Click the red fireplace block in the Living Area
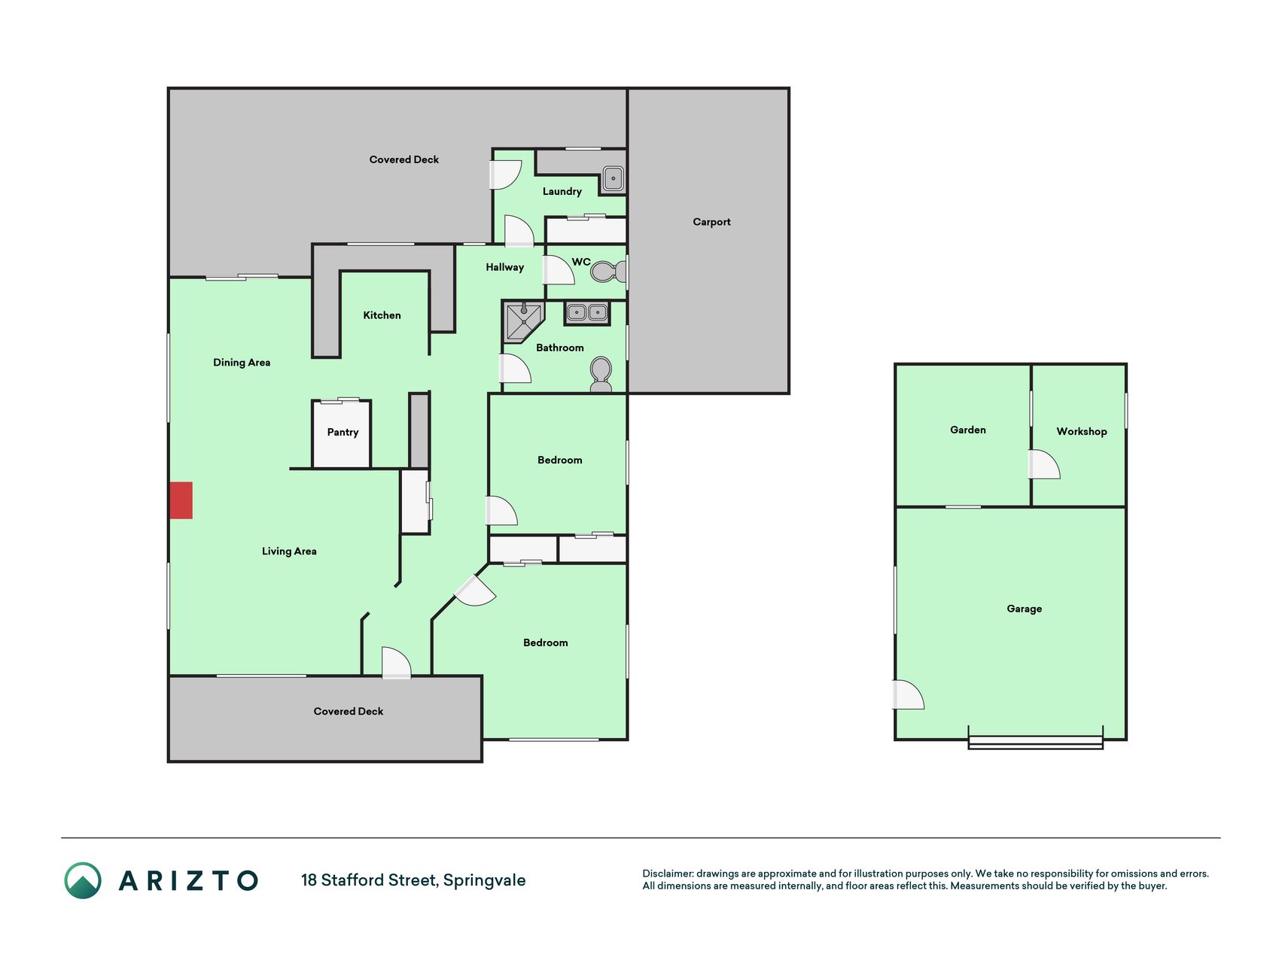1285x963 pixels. pos(181,500)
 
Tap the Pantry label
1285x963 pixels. pos(343,432)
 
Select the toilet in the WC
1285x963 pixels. pos(608,271)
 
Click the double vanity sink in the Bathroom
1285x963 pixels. pos(587,312)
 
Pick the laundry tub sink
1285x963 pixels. pos(613,179)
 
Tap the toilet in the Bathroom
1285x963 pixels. pos(601,375)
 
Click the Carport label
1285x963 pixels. pos(711,222)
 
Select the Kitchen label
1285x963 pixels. pos(382,315)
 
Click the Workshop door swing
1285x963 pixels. pos(1044,464)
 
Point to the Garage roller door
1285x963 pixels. pos(1035,741)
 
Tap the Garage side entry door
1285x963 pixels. pos(908,694)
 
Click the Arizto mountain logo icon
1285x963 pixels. pos(83,880)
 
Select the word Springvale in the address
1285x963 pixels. pos(484,880)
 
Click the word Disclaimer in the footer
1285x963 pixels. pos(668,873)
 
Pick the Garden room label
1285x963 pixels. pos(967,430)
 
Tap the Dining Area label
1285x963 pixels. pos(242,363)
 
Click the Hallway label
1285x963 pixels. pos(504,267)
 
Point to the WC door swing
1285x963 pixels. pos(559,270)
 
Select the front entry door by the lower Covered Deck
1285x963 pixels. pos(396,663)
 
